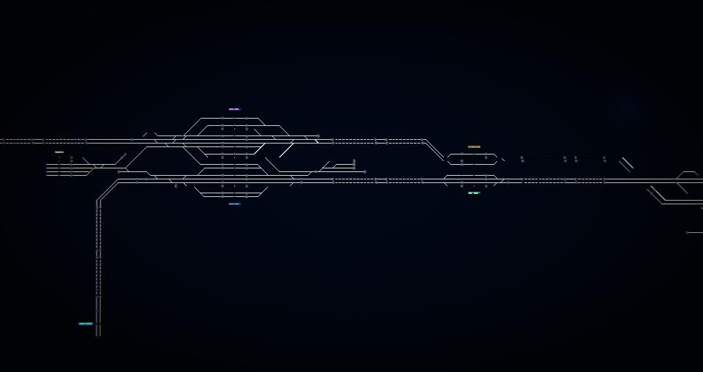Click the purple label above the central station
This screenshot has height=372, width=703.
coord(234,109)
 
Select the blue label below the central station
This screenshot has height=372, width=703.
coord(234,204)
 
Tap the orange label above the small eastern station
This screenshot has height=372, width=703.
coord(474,146)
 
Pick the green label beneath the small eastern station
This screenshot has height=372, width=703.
coord(474,193)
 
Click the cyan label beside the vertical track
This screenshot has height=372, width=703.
coord(86,324)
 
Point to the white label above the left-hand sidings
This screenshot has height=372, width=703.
coord(59,152)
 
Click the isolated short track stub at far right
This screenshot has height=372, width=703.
coord(694,232)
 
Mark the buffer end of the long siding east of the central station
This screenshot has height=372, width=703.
coord(365,172)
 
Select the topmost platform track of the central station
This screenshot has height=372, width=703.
coord(234,118)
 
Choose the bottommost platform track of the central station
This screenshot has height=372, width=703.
coord(234,196)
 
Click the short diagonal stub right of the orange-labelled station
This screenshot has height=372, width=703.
coord(502,159)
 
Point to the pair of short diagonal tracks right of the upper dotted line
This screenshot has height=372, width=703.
coord(626,164)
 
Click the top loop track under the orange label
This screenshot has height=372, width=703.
coord(472,154)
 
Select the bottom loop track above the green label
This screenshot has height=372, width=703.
coord(472,186)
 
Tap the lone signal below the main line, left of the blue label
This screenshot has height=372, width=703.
coord(176,186)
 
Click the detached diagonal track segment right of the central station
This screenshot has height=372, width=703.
coord(286,151)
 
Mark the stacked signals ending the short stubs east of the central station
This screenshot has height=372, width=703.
coord(354,163)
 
